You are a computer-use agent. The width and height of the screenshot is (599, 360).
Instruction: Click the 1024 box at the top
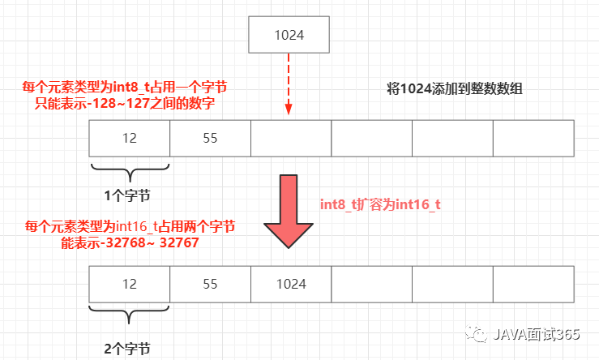click(289, 36)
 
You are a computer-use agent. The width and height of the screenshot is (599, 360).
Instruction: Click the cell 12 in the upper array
click(129, 138)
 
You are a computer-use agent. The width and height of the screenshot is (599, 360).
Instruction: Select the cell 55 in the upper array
click(210, 138)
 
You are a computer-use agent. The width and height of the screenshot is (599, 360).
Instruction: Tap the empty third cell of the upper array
click(290, 138)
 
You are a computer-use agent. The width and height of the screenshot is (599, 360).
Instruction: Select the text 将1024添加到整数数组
click(455, 89)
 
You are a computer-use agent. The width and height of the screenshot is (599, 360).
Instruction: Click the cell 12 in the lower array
click(129, 285)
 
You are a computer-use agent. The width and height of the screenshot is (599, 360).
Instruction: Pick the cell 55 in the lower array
click(210, 285)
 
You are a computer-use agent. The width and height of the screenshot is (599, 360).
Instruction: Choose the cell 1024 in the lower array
click(290, 285)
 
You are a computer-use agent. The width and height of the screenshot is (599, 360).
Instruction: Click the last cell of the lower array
click(533, 285)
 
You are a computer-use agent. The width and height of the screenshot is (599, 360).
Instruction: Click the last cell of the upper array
click(533, 138)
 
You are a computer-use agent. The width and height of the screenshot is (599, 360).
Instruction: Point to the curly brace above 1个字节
click(129, 170)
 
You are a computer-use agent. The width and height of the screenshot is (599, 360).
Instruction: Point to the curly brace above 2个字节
click(129, 319)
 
